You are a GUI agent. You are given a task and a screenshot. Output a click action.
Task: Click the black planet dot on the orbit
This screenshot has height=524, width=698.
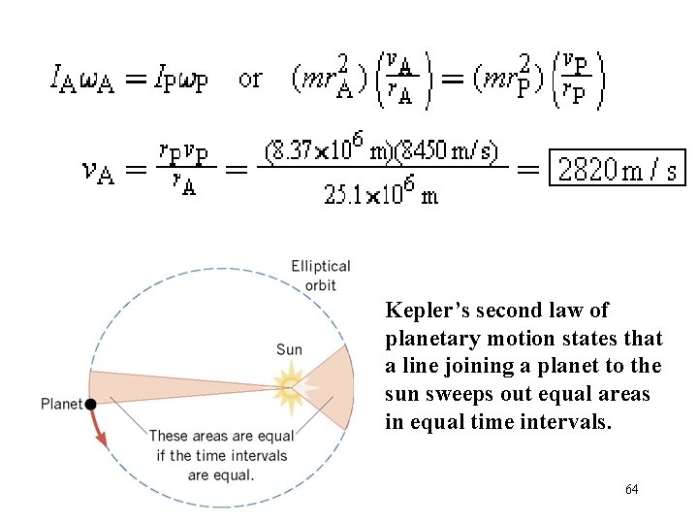click(90, 404)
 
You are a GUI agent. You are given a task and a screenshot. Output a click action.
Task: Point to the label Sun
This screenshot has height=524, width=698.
click(289, 349)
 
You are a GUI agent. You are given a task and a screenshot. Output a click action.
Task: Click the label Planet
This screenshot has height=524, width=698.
click(61, 404)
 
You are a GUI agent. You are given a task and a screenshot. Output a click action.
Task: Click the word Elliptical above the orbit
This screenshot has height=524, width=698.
click(321, 266)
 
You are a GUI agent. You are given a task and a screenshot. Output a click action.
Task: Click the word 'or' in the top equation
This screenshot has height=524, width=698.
click(250, 79)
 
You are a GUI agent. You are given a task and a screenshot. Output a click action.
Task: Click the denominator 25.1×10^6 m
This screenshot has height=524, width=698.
click(381, 194)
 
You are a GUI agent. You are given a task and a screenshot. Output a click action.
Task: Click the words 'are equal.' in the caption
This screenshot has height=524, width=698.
click(222, 475)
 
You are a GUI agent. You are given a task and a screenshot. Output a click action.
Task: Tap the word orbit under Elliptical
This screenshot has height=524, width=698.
click(321, 285)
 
